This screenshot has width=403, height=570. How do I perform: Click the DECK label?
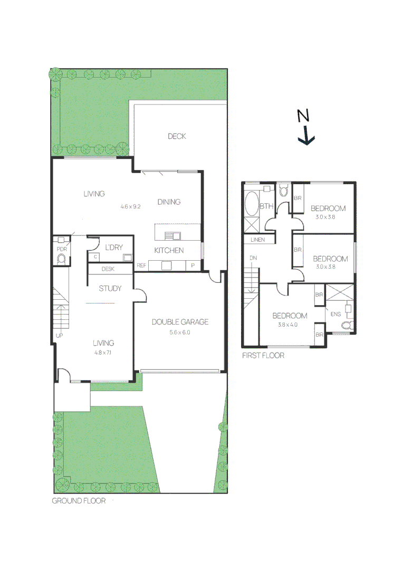coord(177,136)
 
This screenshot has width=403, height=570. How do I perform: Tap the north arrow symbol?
coord(305,128)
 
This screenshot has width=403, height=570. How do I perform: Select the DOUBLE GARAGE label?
coord(180,322)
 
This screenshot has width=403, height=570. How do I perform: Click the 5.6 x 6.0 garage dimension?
coord(179,332)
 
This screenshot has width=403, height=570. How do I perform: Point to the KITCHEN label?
coord(169,250)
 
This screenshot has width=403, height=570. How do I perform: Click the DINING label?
coord(169,202)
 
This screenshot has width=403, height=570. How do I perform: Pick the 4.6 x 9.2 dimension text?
coord(130,206)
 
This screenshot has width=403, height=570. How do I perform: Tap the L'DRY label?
coord(114,248)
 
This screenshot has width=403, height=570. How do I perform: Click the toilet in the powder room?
coord(61,259)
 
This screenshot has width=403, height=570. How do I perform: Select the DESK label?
coord(108,269)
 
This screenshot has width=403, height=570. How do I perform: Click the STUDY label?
coord(110,289)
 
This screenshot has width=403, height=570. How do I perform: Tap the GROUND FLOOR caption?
coord(79,501)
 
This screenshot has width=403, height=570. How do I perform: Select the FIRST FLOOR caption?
coord(263,356)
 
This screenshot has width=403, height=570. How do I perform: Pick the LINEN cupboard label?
coord(258,240)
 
